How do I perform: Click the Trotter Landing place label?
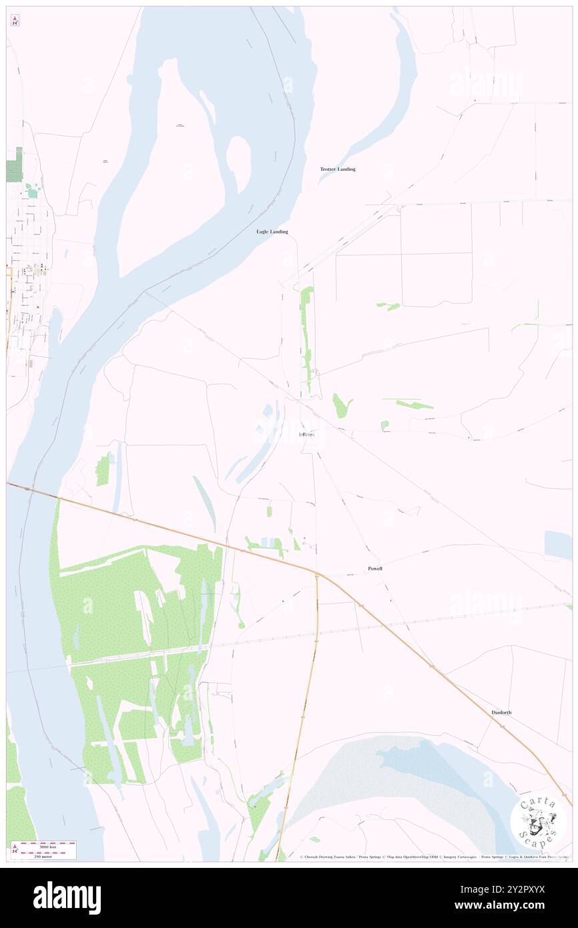[337, 170]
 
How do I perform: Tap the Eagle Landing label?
[272, 232]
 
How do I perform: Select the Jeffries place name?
[311, 435]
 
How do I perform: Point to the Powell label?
[375, 568]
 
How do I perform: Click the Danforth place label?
[501, 712]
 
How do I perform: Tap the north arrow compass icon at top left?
[15, 21]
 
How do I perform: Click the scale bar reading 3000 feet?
[48, 845]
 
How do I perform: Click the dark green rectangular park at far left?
[14, 166]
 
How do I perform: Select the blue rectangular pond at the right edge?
[558, 544]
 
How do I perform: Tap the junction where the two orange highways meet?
[317, 575]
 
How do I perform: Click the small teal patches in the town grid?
[32, 193]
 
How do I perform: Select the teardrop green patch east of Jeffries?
[342, 405]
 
